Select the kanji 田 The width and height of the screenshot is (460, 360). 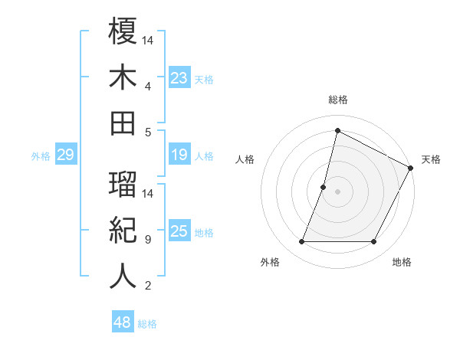click(123, 123)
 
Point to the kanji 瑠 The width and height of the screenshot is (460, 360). click(123, 184)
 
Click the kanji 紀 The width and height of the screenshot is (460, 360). click(123, 230)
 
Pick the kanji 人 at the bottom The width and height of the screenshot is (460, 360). click(123, 276)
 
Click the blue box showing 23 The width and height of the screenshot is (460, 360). click(179, 77)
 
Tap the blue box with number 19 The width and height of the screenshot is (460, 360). click(179, 155)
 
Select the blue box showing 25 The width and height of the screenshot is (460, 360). click(179, 232)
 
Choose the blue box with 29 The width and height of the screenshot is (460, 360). click(65, 155)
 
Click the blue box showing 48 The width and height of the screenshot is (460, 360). click(122, 323)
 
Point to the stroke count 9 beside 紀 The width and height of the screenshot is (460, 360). click(148, 240)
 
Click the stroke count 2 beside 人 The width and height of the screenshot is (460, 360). click(148, 286)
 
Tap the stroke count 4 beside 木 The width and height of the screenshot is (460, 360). click(148, 86)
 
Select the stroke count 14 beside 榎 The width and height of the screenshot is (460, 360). click(149, 40)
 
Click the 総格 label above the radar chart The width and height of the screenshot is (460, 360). click(338, 100)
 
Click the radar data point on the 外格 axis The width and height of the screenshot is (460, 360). click(301, 242)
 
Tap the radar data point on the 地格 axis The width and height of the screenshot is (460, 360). click(374, 242)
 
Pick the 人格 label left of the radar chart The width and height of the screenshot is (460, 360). click(245, 159)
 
